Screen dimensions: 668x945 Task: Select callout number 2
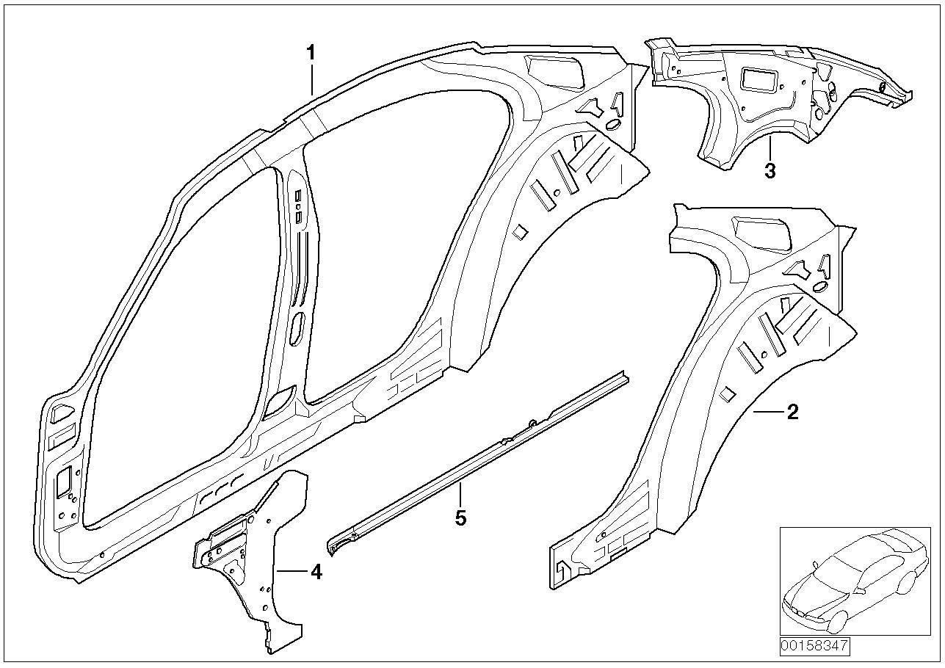tap(792, 413)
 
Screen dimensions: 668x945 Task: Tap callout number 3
tap(770, 171)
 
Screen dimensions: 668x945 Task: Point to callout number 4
tap(316, 571)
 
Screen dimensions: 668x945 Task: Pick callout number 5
tap(460, 518)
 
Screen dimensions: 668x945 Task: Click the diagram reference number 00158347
tap(814, 647)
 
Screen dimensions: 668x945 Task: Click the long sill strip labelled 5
tap(477, 455)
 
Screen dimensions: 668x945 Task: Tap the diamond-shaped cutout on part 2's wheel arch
tap(727, 394)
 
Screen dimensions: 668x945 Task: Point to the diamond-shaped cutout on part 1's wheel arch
tap(520, 230)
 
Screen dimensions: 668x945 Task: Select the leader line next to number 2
tap(768, 413)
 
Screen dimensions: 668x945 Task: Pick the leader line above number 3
tap(769, 149)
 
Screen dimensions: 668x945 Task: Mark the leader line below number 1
tap(311, 79)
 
